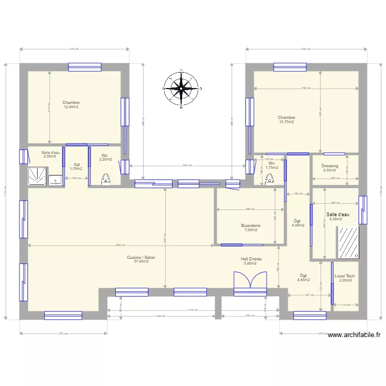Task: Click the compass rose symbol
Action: coord(181,88)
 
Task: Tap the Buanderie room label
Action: coord(251,225)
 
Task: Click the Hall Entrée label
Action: coord(251,259)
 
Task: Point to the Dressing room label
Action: coord(329,166)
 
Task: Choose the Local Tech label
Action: coord(345,276)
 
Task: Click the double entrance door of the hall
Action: coord(251,284)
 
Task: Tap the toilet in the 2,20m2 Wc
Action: coord(106,179)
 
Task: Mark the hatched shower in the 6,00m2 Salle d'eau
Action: coord(348,242)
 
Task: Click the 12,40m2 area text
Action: coord(71,107)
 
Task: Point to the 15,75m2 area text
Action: coord(286,122)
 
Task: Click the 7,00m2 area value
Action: coord(251,230)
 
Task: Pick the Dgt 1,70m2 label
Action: coord(76,166)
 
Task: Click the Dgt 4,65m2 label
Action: coord(304,278)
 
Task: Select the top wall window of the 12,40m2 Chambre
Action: coord(85,66)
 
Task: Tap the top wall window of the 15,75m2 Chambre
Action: coord(290,66)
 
